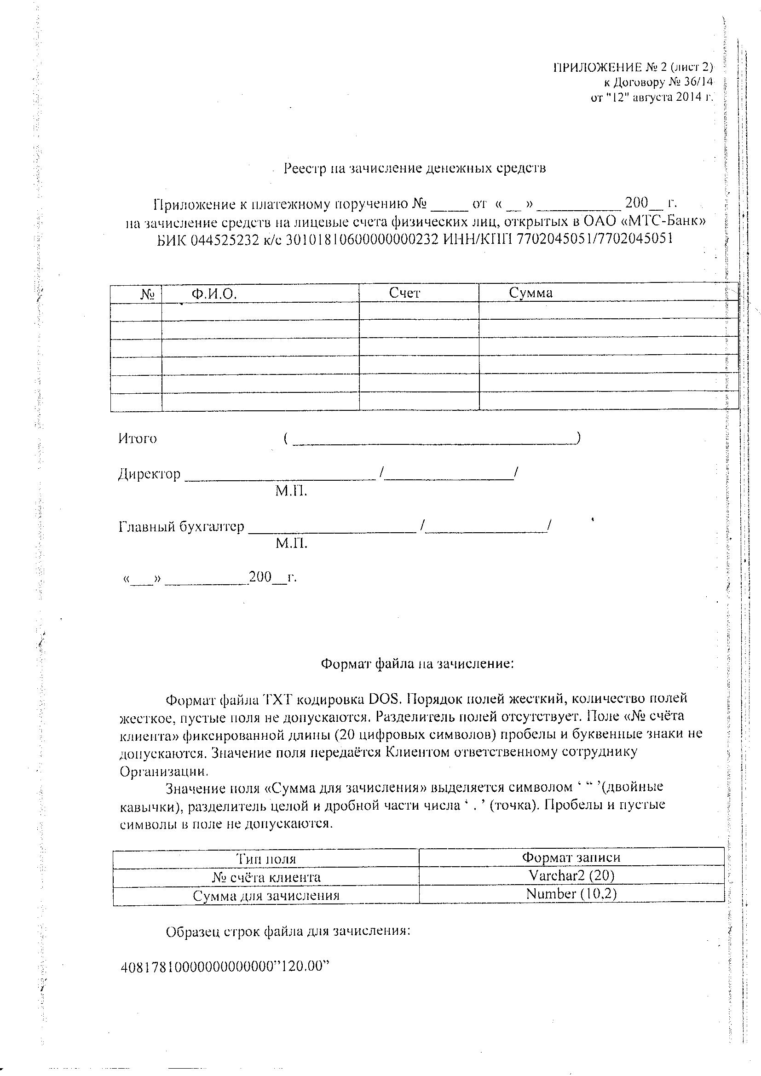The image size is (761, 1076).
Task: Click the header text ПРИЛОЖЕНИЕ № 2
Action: pyautogui.click(x=610, y=68)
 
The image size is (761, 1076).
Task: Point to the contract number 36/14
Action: pyautogui.click(x=698, y=82)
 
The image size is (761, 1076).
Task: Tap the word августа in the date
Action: pyautogui.click(x=652, y=97)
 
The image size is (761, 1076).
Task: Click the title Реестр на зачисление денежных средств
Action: pyautogui.click(x=415, y=168)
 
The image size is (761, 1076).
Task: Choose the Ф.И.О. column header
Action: pyautogui.click(x=213, y=294)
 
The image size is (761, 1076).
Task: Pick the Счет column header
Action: pyautogui.click(x=404, y=293)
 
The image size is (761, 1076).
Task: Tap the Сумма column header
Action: pyautogui.click(x=530, y=293)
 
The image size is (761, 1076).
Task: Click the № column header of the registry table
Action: pyautogui.click(x=148, y=294)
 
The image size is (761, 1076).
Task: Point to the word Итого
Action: pyautogui.click(x=137, y=439)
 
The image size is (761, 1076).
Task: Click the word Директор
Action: pyautogui.click(x=149, y=474)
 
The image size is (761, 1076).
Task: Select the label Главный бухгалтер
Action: pyautogui.click(x=181, y=527)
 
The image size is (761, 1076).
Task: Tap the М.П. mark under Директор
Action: pyautogui.click(x=291, y=491)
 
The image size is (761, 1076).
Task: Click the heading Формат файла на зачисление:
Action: pyautogui.click(x=417, y=664)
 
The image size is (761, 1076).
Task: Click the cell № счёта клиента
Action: pyautogui.click(x=266, y=877)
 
